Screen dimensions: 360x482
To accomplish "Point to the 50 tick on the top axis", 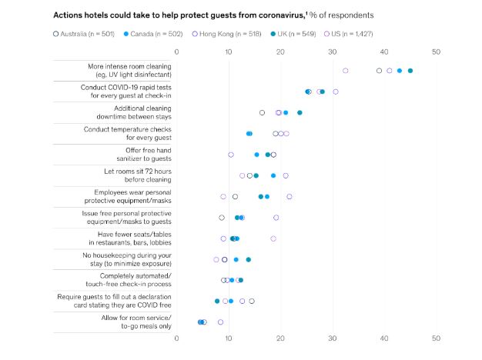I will pos(436,52).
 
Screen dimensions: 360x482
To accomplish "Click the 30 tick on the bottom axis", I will pos(332,338).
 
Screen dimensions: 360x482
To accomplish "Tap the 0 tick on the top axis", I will pos(176,52).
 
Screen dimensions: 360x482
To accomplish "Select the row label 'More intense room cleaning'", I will pos(129,66).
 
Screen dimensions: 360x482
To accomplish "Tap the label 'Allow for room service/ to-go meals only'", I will pos(136,322).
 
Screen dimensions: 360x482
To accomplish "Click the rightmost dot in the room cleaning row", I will pos(410,71).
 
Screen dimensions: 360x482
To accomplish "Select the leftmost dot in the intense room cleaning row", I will pos(345,71).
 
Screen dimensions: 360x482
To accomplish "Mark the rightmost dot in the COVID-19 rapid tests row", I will pos(335,92).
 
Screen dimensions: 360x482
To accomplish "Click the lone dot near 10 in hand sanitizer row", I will pos(231,155).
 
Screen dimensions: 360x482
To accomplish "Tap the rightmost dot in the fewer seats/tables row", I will pos(273,238).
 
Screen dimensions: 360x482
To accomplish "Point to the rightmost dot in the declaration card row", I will pos(252,302).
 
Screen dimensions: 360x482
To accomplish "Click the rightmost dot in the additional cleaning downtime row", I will pos(300,112).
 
